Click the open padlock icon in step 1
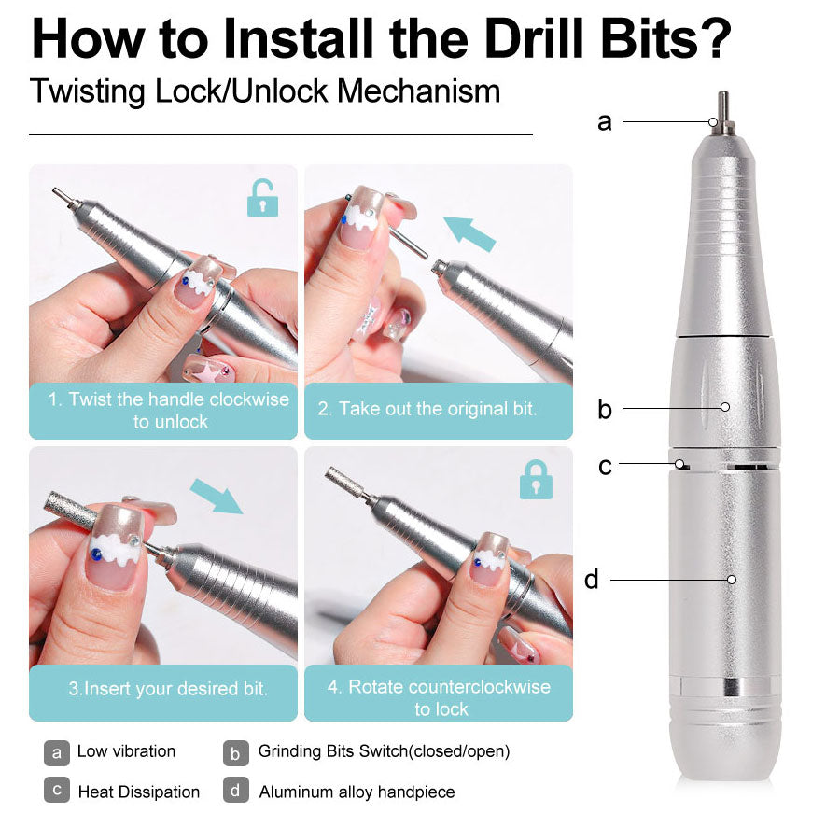click(262, 198)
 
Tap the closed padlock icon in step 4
click(536, 479)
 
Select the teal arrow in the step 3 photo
click(216, 497)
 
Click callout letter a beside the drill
click(605, 121)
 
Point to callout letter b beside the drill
click(605, 409)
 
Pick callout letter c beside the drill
click(605, 465)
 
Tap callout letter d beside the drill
click(592, 580)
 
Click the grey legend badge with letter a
click(57, 751)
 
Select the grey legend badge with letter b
click(236, 751)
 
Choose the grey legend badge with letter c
click(57, 791)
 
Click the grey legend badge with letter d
click(236, 791)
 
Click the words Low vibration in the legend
click(126, 751)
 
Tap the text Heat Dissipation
click(138, 792)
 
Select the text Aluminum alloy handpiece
click(357, 792)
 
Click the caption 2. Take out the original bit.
click(427, 409)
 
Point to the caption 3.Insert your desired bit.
click(168, 690)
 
